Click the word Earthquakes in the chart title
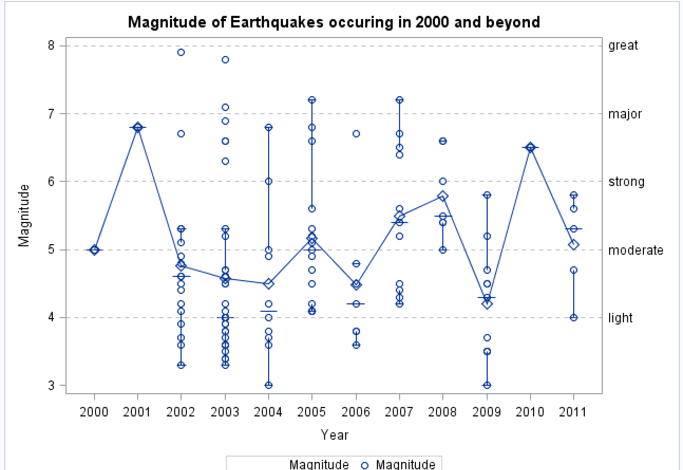pos(277,22)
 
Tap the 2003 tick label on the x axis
pos(224,412)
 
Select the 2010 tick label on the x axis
pos(530,412)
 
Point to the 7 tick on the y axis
pos(51,114)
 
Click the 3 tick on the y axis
pos(51,385)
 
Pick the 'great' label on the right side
pos(623,45)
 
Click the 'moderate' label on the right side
pos(635,250)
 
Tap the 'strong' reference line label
pos(626,182)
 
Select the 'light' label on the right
pos(620,318)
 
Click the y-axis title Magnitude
pos(24,216)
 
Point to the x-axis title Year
pos(334,435)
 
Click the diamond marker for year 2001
pos(138,128)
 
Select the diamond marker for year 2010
pos(530,148)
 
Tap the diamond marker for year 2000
pos(94,250)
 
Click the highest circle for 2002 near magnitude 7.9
pos(181,52)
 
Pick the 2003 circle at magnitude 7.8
pos(225,60)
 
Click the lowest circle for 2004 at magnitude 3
pos(268,385)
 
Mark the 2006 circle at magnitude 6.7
pos(356,134)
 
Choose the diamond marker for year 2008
pos(443,196)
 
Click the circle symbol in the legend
pos(365,465)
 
